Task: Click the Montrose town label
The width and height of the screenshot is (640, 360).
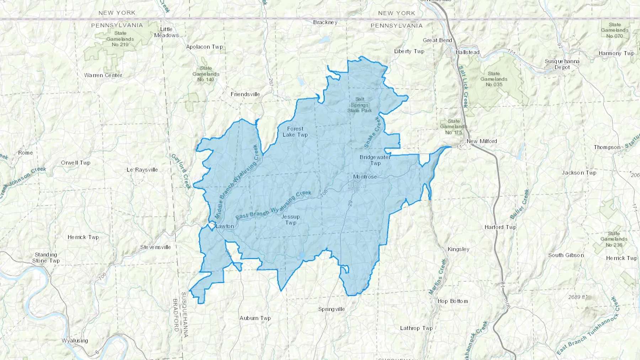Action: point(365,177)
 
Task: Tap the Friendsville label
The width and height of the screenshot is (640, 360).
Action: point(245,94)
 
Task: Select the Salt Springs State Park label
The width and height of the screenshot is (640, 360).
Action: point(359,105)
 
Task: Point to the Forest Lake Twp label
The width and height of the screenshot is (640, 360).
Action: point(295,132)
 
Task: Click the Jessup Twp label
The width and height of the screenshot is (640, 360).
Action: point(290,220)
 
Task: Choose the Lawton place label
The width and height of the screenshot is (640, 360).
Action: point(225,226)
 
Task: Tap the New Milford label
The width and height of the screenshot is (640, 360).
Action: point(481,141)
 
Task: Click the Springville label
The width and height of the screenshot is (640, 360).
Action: point(331,309)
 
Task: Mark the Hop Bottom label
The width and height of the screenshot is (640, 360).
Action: point(453,301)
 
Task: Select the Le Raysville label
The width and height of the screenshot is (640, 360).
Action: point(142,170)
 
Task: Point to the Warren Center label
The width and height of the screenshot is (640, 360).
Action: point(103,75)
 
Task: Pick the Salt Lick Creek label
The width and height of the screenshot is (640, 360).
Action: point(463,86)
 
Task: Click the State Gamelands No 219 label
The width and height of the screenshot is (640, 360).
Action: point(120,39)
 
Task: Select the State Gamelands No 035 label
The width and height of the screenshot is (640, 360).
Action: point(494,79)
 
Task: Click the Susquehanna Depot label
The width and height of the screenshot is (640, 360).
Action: point(562,64)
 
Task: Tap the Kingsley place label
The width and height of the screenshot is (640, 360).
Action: point(458,249)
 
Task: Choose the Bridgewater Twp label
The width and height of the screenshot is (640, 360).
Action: point(375,160)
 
